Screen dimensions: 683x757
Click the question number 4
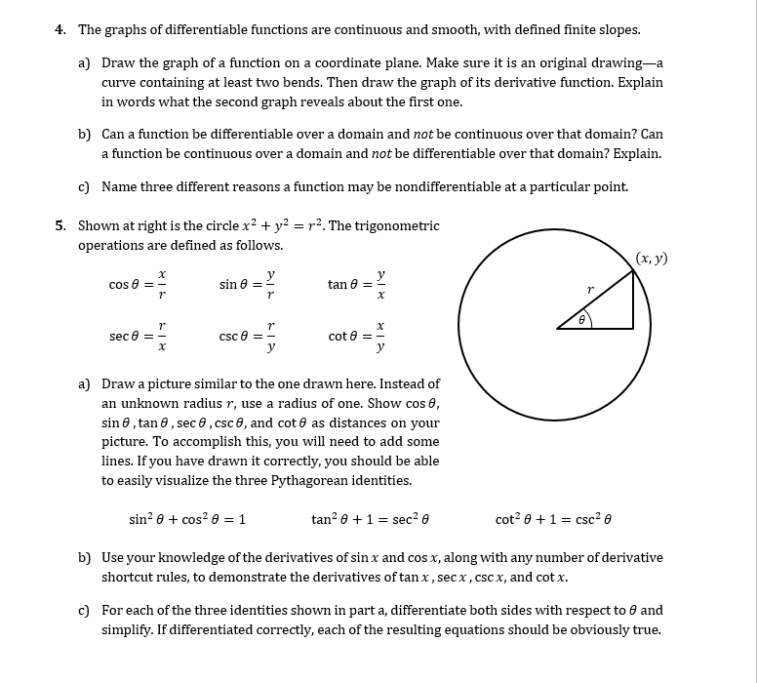tap(60, 29)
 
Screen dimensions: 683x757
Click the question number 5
tap(60, 225)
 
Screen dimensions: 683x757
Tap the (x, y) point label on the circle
tap(651, 259)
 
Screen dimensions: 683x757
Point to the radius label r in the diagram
tap(590, 291)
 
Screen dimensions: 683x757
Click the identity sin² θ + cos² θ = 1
tap(187, 519)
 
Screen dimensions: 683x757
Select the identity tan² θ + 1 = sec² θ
tap(371, 519)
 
